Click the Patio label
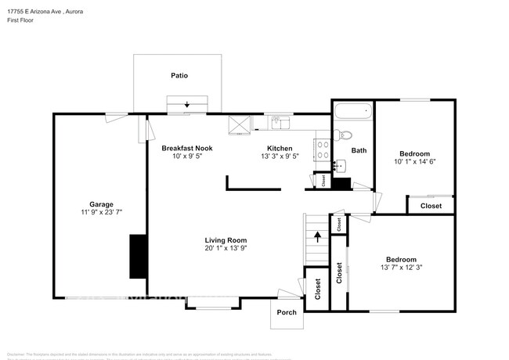(x=179, y=76)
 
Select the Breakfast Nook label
(x=187, y=148)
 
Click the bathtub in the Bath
(x=353, y=112)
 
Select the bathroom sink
(x=340, y=166)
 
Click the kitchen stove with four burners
(x=321, y=149)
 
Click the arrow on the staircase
(x=317, y=236)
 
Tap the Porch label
(x=287, y=312)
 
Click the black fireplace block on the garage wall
(x=138, y=256)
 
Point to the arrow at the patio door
(x=187, y=105)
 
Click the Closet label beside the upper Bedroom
(x=431, y=206)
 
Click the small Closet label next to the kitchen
(x=324, y=181)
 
